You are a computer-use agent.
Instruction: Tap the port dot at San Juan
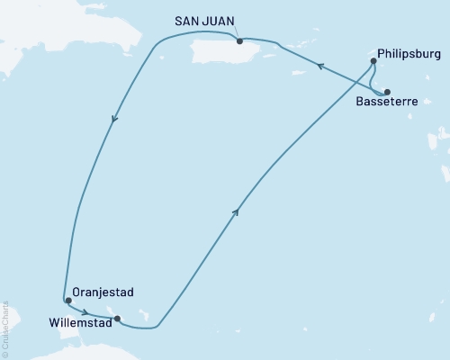238,40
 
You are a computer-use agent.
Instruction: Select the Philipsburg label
409,51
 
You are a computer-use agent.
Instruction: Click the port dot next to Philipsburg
373,61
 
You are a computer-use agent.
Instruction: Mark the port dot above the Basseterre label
387,92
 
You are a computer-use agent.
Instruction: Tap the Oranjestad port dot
68,300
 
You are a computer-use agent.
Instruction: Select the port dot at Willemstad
118,318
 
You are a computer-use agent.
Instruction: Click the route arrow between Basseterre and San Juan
318,64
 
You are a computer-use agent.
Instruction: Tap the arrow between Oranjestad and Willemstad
84,310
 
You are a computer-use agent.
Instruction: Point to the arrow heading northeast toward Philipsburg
237,211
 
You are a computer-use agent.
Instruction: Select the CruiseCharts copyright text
4,328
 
